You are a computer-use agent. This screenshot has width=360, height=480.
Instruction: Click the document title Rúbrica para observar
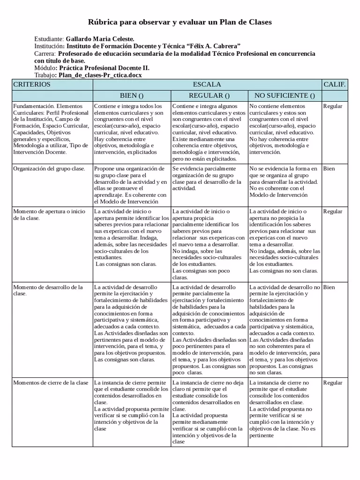180,22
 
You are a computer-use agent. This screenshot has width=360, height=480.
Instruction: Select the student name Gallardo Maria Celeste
100,39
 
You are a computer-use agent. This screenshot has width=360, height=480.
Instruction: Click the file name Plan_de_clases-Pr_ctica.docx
100,75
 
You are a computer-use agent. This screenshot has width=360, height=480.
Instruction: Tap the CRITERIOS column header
31,84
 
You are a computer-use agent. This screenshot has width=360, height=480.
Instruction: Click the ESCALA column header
207,84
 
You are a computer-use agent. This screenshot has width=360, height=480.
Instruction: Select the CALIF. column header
335,84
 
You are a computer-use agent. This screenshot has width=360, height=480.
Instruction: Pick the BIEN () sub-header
131,96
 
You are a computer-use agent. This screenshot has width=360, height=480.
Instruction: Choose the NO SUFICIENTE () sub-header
285,96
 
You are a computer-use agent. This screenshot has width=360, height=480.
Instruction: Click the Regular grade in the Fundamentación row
332,106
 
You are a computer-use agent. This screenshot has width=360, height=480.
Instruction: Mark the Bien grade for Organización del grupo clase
329,168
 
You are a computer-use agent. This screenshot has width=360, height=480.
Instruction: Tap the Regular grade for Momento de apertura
332,212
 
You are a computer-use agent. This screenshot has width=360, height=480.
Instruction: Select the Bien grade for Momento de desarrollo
329,287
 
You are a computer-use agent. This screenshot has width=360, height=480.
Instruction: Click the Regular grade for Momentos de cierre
332,383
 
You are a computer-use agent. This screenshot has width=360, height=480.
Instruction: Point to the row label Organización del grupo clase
49,168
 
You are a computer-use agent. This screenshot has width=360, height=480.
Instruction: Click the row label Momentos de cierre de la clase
51,383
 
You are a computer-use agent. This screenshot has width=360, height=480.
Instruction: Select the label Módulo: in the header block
45,67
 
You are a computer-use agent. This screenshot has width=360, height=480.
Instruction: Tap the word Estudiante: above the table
49,39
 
